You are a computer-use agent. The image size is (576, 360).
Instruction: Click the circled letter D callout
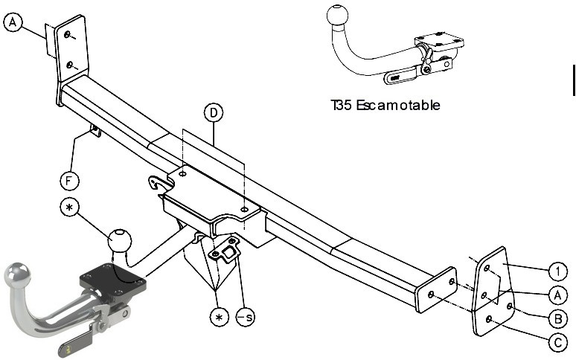pyautogui.click(x=214, y=112)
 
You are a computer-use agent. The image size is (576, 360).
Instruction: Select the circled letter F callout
pyautogui.click(x=69, y=181)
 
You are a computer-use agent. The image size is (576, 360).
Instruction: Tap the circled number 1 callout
pyautogui.click(x=557, y=272)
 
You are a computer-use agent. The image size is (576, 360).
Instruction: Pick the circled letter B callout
pyautogui.click(x=557, y=318)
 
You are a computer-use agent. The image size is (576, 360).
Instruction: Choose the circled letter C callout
pyautogui.click(x=557, y=343)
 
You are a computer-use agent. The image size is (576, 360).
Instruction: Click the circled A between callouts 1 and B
pyautogui.click(x=557, y=295)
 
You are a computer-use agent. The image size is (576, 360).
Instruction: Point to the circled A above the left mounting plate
pyautogui.click(x=13, y=22)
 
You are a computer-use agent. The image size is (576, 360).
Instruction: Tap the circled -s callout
pyautogui.click(x=246, y=317)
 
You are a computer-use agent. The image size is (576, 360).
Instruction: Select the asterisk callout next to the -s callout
pyautogui.click(x=220, y=317)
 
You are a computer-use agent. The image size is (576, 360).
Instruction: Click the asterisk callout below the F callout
pyautogui.click(x=69, y=208)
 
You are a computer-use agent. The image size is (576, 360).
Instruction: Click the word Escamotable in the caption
pyautogui.click(x=398, y=106)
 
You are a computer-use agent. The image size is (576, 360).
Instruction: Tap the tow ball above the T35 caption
pyautogui.click(x=337, y=16)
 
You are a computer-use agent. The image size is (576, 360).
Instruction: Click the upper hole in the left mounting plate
pyautogui.click(x=67, y=34)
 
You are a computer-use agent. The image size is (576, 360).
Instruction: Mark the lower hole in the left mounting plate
pyautogui.click(x=68, y=65)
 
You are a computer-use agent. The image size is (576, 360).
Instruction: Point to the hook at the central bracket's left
pyautogui.click(x=156, y=182)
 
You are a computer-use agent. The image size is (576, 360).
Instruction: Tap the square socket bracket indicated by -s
pyautogui.click(x=225, y=251)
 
